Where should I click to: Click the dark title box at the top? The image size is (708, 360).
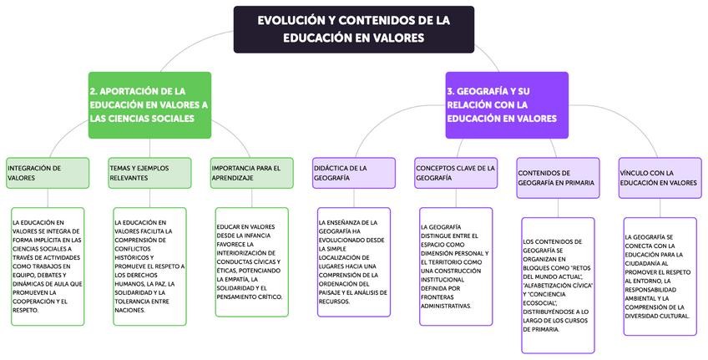click(x=353, y=28)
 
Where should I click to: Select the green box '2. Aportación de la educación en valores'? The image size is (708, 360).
click(x=149, y=104)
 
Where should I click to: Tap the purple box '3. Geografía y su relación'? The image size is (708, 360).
click(x=506, y=104)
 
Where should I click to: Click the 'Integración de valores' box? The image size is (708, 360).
click(x=47, y=173)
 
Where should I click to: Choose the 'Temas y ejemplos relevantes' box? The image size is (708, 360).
click(x=149, y=173)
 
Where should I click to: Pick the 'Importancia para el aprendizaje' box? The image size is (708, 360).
click(x=251, y=173)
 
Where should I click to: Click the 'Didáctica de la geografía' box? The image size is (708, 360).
click(x=353, y=173)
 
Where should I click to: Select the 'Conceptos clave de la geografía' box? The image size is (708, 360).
click(x=456, y=173)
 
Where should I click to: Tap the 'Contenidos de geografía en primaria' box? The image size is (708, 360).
click(x=558, y=178)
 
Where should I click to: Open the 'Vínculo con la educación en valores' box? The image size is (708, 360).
click(x=660, y=178)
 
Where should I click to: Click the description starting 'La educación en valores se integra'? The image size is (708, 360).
click(x=47, y=266)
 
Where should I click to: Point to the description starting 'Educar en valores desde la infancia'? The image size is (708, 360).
click(x=251, y=261)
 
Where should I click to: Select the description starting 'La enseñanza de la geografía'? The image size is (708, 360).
click(x=353, y=261)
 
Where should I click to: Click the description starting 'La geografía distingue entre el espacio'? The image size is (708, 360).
click(x=456, y=266)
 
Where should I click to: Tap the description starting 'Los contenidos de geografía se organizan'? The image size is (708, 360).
click(x=558, y=285)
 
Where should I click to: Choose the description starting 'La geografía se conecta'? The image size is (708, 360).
click(x=660, y=276)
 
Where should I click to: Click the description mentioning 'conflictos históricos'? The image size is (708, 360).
click(x=149, y=266)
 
